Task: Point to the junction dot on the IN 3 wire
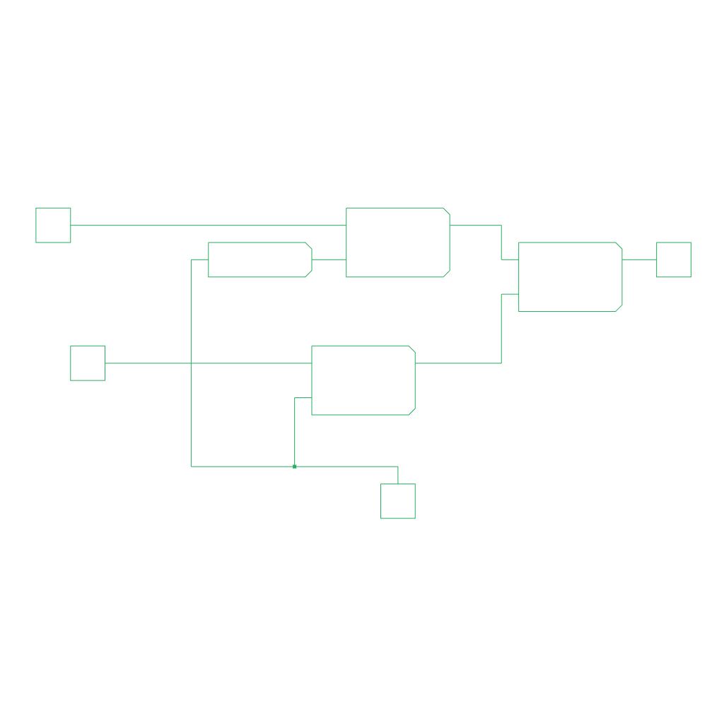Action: (x=294, y=466)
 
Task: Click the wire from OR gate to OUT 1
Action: (x=639, y=259)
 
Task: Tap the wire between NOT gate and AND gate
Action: (x=329, y=259)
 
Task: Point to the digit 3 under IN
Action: (x=397, y=512)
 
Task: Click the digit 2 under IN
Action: (x=88, y=374)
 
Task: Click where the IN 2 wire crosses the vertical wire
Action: (x=191, y=363)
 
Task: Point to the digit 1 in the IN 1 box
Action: (x=53, y=236)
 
